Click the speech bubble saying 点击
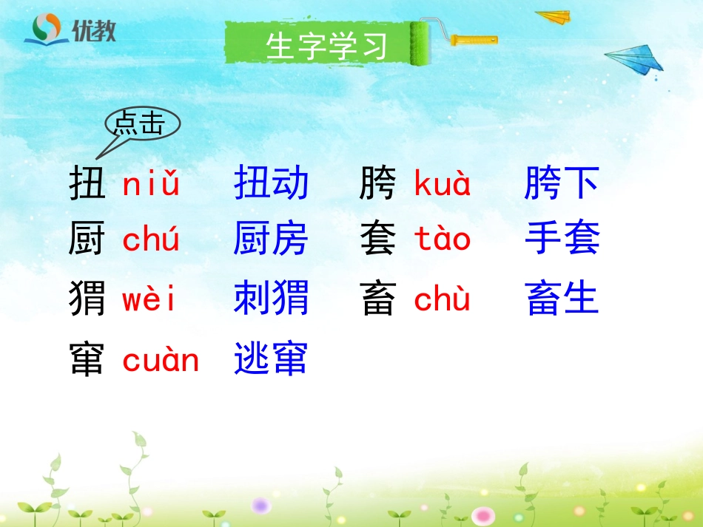coord(143,124)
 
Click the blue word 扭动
coord(271,183)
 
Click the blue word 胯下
coord(562,183)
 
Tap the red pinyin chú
coord(151,241)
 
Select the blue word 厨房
coord(271,240)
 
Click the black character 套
coord(378,241)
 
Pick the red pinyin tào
coord(443,240)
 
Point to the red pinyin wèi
coord(149,301)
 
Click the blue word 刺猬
coord(271,299)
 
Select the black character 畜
coord(378,301)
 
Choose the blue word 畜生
coord(562,299)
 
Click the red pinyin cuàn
coord(161,361)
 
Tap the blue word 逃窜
coord(271,359)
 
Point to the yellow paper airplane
coord(554,16)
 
